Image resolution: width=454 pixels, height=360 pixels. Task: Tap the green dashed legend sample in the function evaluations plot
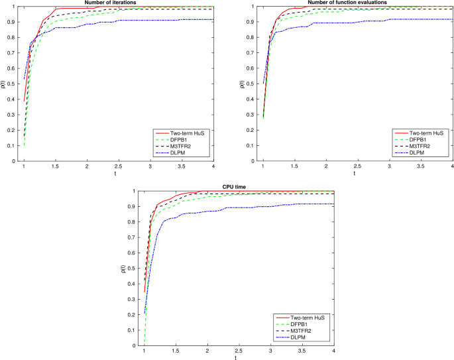pos(402,140)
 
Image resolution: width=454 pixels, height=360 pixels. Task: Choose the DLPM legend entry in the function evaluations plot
pos(420,152)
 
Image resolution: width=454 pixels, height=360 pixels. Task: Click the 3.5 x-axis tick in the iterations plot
pos(181,166)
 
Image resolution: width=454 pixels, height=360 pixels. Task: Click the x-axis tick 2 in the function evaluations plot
pos(326,166)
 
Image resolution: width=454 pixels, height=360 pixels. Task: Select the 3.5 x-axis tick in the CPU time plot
pos(302,351)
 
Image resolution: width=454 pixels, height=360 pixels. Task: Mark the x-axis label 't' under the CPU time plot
pos(237,358)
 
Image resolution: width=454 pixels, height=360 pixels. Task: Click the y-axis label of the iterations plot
pos(3,84)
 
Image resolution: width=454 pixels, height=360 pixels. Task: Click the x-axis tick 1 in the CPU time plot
pos(144,351)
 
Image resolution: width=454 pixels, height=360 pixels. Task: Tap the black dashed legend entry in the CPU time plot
pos(301,331)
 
